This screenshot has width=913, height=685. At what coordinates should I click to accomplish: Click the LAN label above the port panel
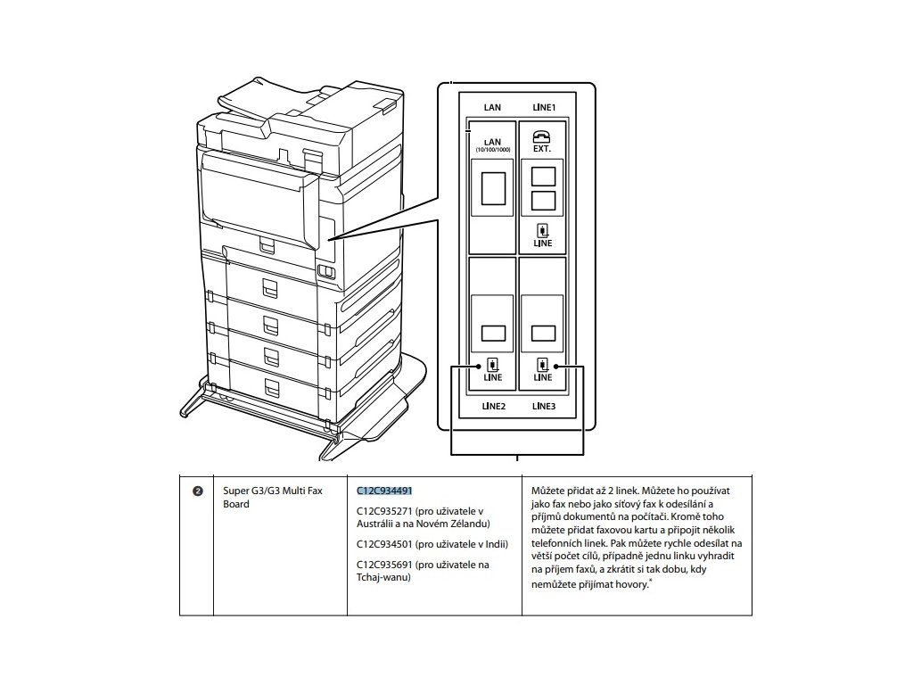pos(492,107)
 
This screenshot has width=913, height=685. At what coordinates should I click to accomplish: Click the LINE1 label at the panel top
pos(543,107)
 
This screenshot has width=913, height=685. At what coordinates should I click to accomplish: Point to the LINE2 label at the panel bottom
pos(494,406)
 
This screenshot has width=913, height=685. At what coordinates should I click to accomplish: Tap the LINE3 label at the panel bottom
pos(543,406)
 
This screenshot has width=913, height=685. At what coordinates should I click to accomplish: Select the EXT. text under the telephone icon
pos(542,149)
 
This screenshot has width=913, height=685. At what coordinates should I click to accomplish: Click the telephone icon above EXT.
pos(542,136)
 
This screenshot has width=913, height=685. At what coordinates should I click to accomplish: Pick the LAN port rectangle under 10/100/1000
pos(492,186)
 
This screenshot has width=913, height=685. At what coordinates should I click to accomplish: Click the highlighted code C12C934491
pos(384,491)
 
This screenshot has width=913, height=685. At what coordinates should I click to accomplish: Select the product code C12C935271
pos(384,511)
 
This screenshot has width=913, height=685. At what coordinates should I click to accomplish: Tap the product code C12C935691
pos(384,565)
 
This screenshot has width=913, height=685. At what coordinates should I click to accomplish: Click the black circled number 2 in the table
pos(197,491)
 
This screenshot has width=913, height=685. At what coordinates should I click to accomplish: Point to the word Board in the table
pos(236,504)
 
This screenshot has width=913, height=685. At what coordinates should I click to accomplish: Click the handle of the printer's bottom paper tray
pos(269,387)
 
